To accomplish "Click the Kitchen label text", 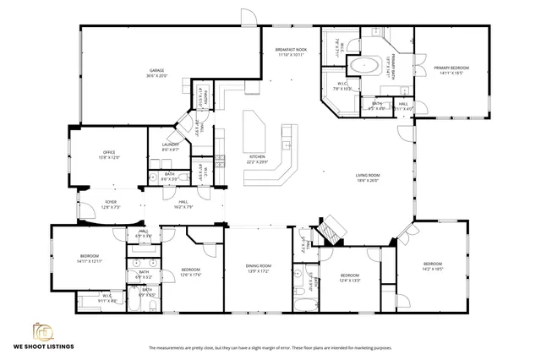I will tap(257, 158).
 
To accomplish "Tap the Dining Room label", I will tap(258, 266).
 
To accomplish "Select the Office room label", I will tap(109, 154).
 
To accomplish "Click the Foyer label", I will tap(111, 203).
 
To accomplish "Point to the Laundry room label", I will tap(170, 146).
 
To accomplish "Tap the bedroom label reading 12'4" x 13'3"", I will tap(350, 277).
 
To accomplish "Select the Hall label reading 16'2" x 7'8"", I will tap(183, 203).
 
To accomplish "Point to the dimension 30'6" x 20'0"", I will tap(156, 76).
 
